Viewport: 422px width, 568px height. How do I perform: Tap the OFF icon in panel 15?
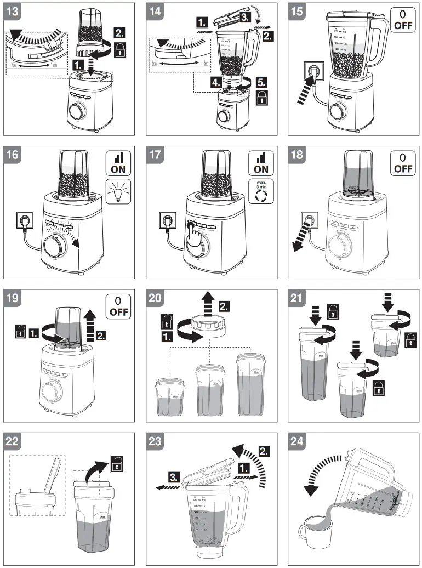(403, 20)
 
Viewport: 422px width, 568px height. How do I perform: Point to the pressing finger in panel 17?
(192, 236)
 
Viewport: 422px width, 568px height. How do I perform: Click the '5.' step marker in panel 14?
(261, 84)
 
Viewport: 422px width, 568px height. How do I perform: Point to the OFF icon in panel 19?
(117, 308)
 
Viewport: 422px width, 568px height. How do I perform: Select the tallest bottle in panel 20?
(249, 385)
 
